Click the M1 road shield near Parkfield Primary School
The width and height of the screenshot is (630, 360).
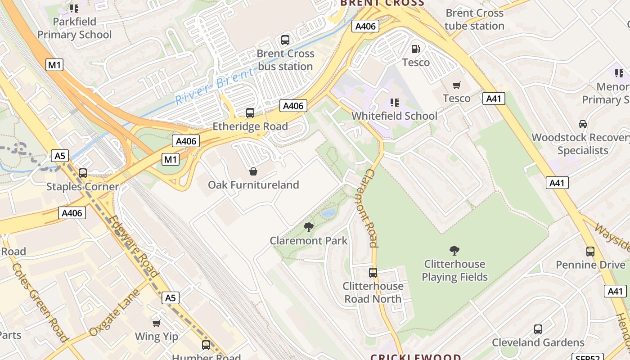[54, 65]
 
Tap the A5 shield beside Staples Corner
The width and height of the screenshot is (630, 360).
[60, 156]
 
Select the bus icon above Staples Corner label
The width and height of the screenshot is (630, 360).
[83, 173]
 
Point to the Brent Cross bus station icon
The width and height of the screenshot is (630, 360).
[285, 40]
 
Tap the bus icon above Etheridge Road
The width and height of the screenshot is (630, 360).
[250, 113]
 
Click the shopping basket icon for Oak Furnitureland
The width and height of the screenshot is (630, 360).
[253, 171]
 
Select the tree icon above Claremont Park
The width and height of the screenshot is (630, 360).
[309, 227]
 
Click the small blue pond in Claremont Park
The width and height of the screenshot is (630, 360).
[328, 213]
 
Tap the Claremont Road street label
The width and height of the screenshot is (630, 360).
[370, 208]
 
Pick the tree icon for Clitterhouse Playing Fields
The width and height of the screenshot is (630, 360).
[454, 250]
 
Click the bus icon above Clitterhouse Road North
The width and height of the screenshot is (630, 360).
[373, 272]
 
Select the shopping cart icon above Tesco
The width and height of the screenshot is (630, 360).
[457, 85]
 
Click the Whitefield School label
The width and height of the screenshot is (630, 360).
[394, 116]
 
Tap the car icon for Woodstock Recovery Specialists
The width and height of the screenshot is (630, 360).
[583, 124]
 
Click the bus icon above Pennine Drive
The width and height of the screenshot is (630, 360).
[590, 252]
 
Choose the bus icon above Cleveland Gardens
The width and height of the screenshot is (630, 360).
[538, 329]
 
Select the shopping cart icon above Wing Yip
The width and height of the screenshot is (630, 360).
[157, 323]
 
